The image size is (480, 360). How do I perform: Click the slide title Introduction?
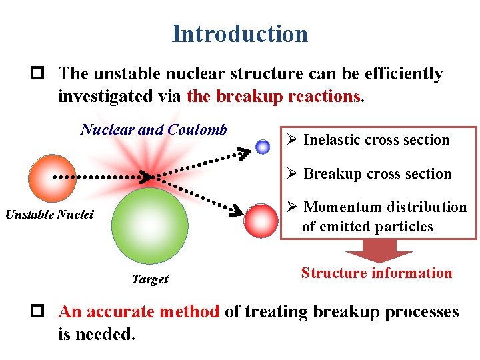pyautogui.click(x=240, y=34)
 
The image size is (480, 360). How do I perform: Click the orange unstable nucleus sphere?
pyautogui.click(x=53, y=178)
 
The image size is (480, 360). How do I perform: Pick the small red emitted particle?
pyautogui.click(x=261, y=221)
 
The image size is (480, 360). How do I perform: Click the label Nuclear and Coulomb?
pyautogui.click(x=154, y=129)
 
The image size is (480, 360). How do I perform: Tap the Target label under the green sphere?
pyautogui.click(x=150, y=279)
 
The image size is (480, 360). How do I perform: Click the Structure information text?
pyautogui.click(x=377, y=273)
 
